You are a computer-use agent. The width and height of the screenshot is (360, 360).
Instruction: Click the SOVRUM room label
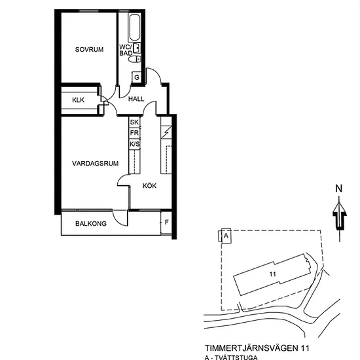(89, 49)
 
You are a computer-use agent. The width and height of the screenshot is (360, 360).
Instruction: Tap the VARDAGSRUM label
(96, 164)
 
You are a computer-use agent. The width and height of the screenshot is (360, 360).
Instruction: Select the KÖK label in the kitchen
(149, 185)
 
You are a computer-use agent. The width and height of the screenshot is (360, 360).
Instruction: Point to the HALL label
(136, 99)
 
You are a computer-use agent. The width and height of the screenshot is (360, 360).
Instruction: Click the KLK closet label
(78, 100)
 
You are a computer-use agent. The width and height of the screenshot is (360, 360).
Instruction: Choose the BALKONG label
(91, 223)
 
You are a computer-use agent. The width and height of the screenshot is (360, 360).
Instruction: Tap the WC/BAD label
(126, 50)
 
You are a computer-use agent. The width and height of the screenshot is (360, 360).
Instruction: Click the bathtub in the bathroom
(134, 27)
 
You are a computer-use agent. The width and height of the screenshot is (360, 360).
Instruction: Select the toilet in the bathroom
(135, 59)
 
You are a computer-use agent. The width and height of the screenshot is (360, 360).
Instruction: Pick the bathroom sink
(137, 48)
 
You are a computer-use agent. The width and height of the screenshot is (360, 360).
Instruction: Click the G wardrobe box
(137, 77)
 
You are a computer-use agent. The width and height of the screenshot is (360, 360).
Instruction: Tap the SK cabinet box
(134, 122)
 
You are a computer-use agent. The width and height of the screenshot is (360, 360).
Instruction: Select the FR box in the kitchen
(134, 133)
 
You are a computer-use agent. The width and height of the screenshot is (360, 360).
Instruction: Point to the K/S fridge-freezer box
(135, 144)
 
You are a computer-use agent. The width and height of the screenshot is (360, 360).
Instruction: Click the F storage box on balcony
(166, 223)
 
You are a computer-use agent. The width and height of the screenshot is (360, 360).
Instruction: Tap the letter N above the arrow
(339, 189)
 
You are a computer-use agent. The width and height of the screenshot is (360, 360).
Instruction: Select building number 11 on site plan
(272, 274)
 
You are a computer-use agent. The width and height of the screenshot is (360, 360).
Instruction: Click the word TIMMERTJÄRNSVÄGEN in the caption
(251, 348)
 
